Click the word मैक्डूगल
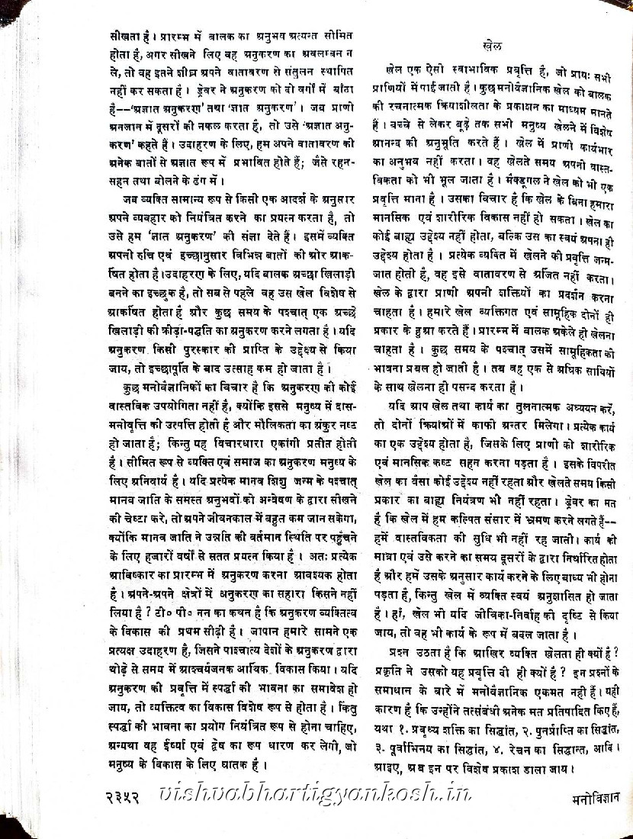pos(511,184)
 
